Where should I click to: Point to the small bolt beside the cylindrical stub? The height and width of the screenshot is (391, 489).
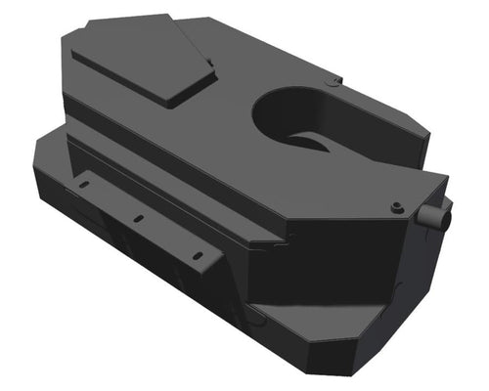[x=396, y=207]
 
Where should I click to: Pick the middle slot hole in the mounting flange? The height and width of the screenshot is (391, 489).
[x=140, y=219]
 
